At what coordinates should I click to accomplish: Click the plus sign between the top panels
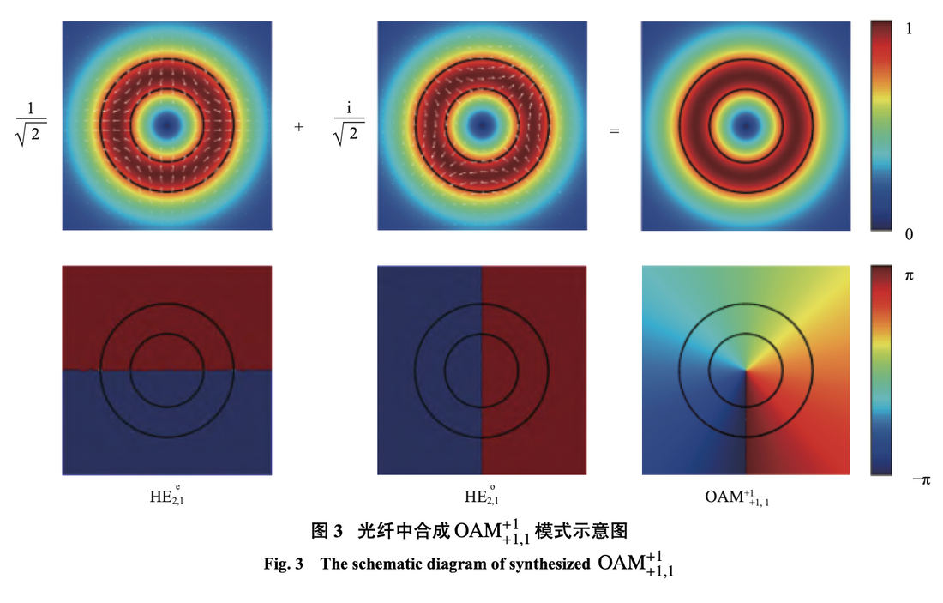click(299, 126)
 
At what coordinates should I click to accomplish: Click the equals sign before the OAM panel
click(614, 131)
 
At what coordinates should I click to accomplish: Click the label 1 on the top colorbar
click(909, 29)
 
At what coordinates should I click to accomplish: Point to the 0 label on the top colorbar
click(909, 233)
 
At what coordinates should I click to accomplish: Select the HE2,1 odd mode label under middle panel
click(482, 496)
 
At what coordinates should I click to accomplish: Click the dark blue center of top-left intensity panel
click(166, 126)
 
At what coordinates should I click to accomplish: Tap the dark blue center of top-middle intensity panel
click(482, 126)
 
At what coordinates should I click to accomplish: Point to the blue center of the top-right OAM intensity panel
click(746, 126)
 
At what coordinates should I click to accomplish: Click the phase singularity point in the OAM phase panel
click(746, 371)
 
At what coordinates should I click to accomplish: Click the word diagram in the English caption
click(451, 564)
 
